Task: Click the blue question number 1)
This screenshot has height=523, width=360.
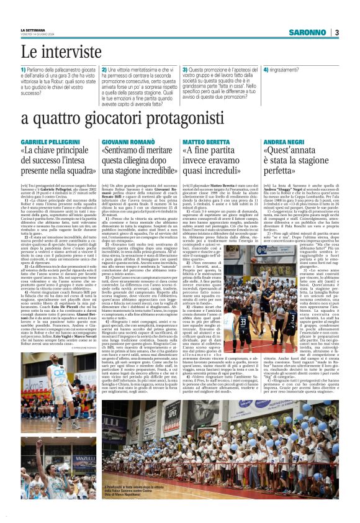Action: click(x=24, y=70)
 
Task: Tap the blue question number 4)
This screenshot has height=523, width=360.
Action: click(x=266, y=70)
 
